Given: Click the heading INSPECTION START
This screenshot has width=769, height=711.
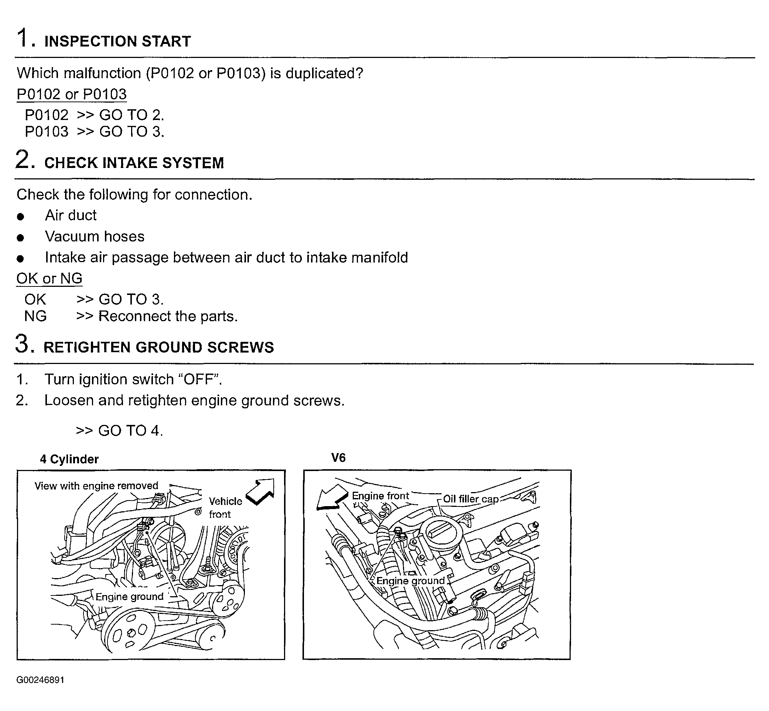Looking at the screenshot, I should pyautogui.click(x=117, y=41).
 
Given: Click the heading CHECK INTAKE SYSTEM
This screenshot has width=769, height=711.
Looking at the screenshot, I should pyautogui.click(x=134, y=163).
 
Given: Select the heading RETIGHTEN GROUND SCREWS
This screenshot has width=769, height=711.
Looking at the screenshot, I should pyautogui.click(x=158, y=347).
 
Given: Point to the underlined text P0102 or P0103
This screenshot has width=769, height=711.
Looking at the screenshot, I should pyautogui.click(x=72, y=94).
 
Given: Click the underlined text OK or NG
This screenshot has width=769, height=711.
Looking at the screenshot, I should pyautogui.click(x=49, y=278).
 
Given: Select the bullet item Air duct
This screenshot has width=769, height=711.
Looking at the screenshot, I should pyautogui.click(x=71, y=216).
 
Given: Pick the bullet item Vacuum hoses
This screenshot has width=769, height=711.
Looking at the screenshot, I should pyautogui.click(x=95, y=236).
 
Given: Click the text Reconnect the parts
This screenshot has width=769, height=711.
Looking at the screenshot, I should pyautogui.click(x=168, y=316).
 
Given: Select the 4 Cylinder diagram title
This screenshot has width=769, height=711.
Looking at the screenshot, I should pyautogui.click(x=69, y=459).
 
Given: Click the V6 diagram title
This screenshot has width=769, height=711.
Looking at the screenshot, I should pyautogui.click(x=338, y=457).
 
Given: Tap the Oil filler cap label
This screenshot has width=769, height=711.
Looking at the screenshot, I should pyautogui.click(x=471, y=499).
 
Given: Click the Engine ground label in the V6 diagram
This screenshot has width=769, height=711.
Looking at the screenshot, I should pyautogui.click(x=410, y=581).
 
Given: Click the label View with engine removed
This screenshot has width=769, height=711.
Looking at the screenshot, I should pyautogui.click(x=96, y=485).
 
